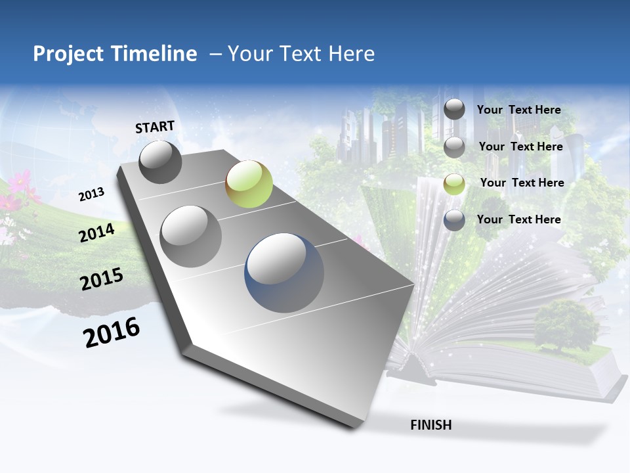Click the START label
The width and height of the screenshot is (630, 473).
pos(155,127)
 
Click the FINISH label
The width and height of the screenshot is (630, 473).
pos(431,425)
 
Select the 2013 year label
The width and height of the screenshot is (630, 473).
pos(92,194)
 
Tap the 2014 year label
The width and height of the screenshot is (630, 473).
pos(97,233)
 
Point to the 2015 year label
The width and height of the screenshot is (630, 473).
pos(102,279)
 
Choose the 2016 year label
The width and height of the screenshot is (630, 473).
pos(112,332)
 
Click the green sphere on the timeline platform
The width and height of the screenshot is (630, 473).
pos(249,184)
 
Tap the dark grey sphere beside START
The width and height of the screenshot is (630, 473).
pos(160,162)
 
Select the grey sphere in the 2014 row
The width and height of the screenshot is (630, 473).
pos(191,236)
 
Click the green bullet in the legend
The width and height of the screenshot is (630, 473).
pos(454,184)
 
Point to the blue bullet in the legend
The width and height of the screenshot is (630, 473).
pos(454,221)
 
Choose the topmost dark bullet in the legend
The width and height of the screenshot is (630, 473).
pos(454,110)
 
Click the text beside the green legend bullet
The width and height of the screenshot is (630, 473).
pos(522,183)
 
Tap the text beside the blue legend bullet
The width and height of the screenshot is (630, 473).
pos(518,219)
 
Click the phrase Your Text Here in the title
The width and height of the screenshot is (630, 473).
pos(301,54)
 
